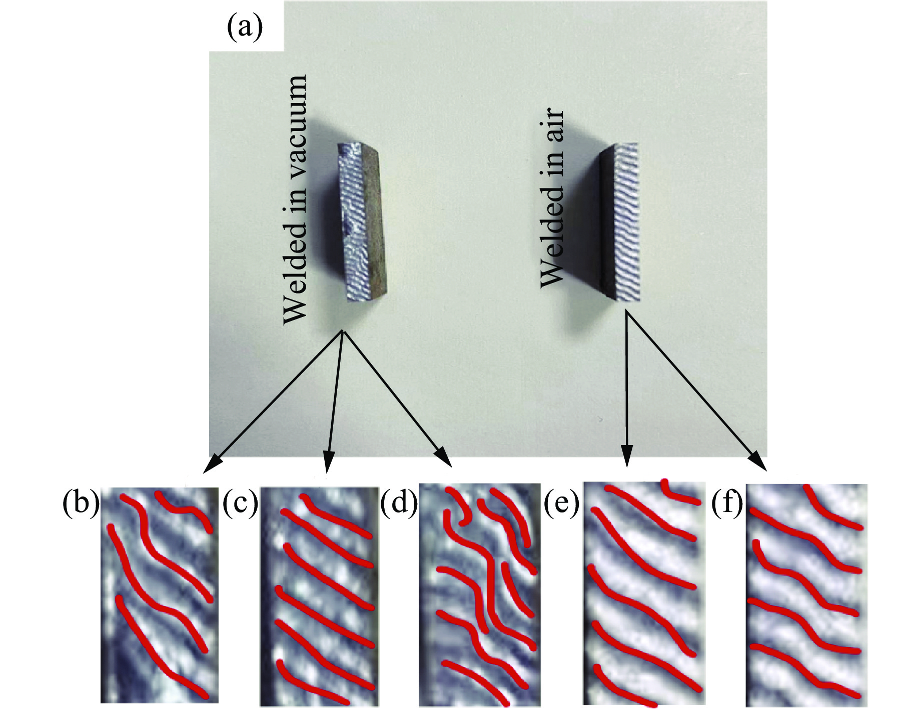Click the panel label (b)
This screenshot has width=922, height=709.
coord(81,503)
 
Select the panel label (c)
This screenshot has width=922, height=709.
coord(241,503)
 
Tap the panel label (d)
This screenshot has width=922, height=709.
coord(399,502)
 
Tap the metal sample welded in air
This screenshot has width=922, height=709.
coord(619,222)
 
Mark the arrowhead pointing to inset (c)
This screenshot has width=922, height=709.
coord(328,461)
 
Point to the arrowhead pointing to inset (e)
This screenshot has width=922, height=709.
coord(627,456)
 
